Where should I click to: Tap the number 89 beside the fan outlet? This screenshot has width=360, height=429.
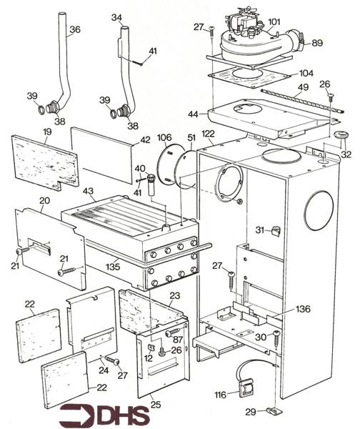click(x=317, y=43)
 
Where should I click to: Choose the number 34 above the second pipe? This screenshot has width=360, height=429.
click(x=116, y=16)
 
